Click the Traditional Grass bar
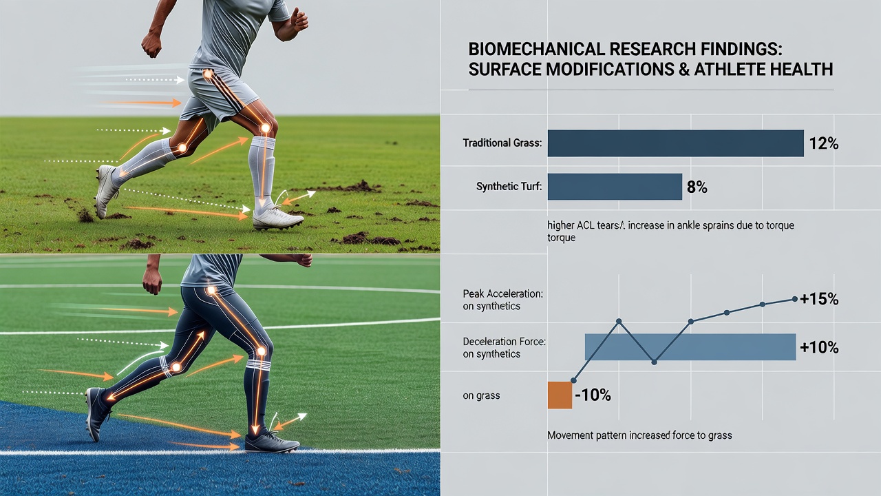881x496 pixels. [x=675, y=143]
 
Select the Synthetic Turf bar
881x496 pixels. [x=615, y=187]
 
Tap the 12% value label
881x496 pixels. [x=824, y=144]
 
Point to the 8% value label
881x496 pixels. [x=697, y=187]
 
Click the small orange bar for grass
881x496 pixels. [x=560, y=395]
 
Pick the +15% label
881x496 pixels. [x=819, y=300]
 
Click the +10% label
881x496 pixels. [x=819, y=348]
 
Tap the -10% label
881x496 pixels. [x=593, y=395]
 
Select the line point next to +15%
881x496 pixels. [x=794, y=299]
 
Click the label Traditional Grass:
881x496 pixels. [x=502, y=143]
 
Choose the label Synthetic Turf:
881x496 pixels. [x=509, y=186]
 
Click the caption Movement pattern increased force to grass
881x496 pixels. [x=639, y=435]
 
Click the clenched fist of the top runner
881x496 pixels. [x=151, y=45]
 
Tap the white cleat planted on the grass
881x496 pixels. [x=277, y=219]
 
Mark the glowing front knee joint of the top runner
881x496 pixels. [x=266, y=128]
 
